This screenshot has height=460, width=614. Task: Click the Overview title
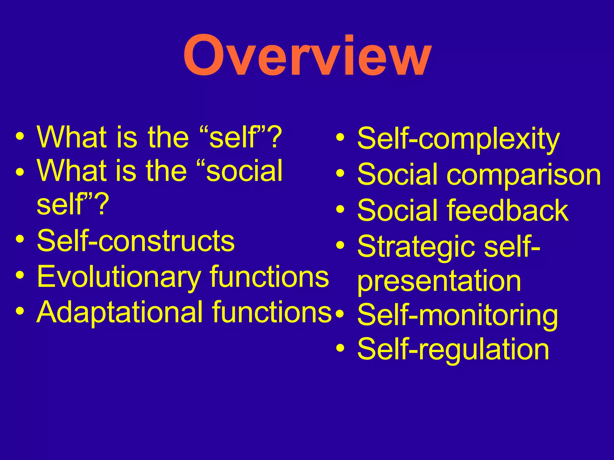point(307,56)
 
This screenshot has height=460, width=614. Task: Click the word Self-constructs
point(136,241)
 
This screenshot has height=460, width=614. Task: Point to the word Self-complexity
point(458,139)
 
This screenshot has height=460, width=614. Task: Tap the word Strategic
point(417,247)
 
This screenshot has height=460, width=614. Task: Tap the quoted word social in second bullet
point(245,171)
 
